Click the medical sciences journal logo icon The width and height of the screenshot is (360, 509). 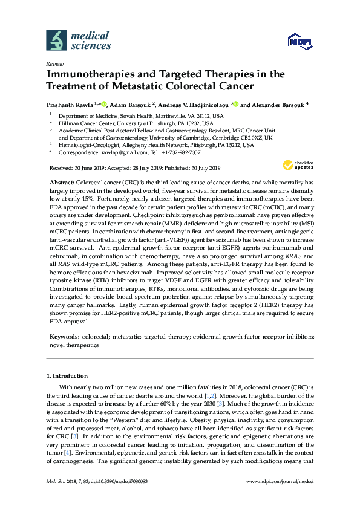click(x=56, y=40)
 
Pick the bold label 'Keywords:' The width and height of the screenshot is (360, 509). click(x=64, y=335)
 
